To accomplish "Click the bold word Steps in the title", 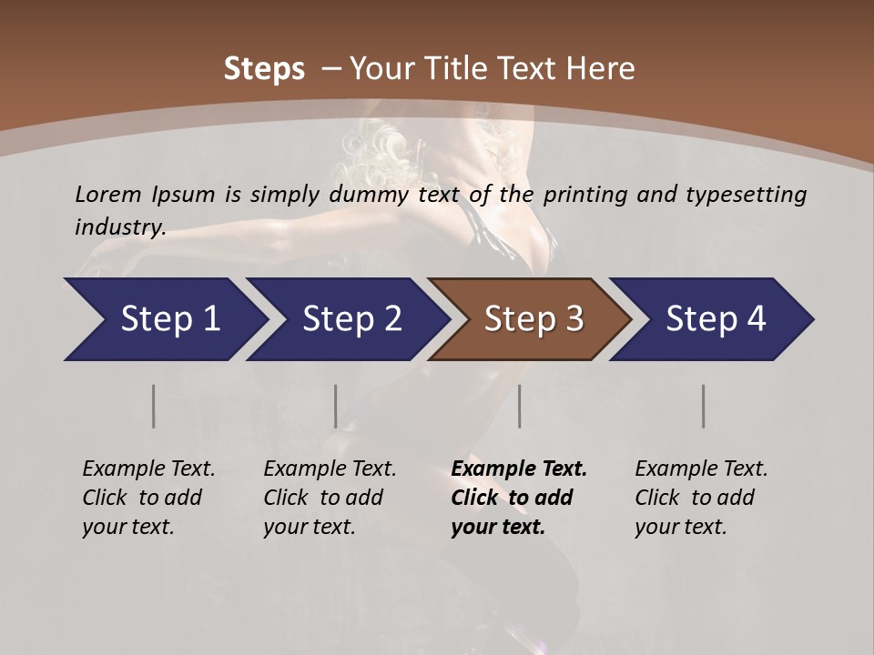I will tap(264, 69).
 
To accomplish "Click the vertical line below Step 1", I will tap(153, 406).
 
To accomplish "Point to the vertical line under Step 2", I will tap(336, 406).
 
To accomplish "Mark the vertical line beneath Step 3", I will tap(519, 406).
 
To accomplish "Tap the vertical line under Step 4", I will tap(703, 406).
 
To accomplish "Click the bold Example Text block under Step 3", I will tap(518, 498).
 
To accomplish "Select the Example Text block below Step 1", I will tap(148, 498).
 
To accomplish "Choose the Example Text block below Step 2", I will tap(330, 498).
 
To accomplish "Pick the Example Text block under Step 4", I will tap(701, 498).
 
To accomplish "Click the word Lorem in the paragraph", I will tap(108, 194).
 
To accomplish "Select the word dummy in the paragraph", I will tap(376, 195).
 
